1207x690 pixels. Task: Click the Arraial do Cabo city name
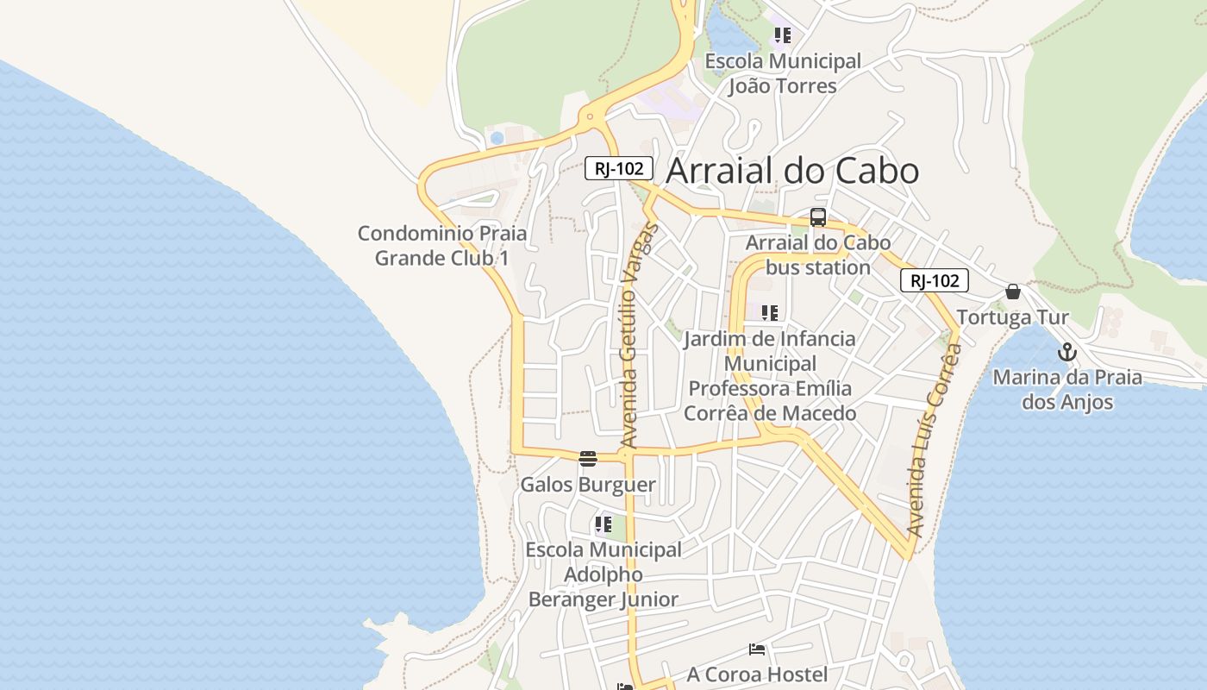[x=792, y=171]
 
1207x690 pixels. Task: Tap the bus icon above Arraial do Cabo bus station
[x=817, y=217]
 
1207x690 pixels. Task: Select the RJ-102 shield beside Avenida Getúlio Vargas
[x=618, y=168]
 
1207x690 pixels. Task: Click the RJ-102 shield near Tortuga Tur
[x=934, y=280]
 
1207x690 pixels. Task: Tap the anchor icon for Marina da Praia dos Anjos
[x=1067, y=353]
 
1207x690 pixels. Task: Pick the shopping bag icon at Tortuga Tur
[x=1013, y=292]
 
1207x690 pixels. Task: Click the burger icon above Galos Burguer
[x=588, y=459]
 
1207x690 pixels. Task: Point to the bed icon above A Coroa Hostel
[x=757, y=649]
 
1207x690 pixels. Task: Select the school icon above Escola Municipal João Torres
[x=782, y=35]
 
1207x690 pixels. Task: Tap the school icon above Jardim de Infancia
[x=769, y=313]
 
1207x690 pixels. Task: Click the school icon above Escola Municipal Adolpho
[x=603, y=524]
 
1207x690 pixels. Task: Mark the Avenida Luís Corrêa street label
[x=934, y=440]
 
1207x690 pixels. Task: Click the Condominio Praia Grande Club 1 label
[x=442, y=246]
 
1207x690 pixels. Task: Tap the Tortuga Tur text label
[x=1012, y=317]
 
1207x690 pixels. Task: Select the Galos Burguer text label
[x=588, y=485]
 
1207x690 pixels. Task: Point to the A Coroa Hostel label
[x=757, y=674]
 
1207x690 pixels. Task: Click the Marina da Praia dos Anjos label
[x=1067, y=390]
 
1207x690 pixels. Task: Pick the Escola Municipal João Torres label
[x=783, y=73]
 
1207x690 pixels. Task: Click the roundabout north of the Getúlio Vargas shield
[x=591, y=116]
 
